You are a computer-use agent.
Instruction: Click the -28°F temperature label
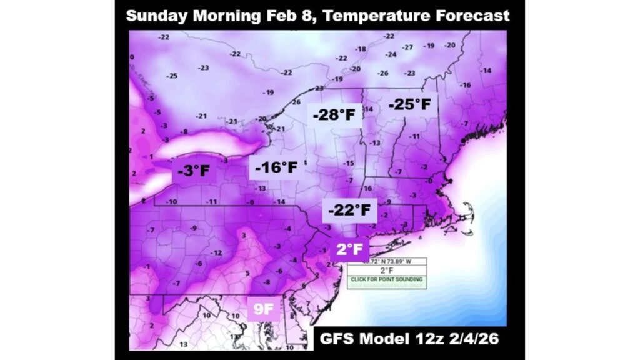[334, 115]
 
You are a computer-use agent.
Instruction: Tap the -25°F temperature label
[410, 104]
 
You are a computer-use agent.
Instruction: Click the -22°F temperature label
[349, 209]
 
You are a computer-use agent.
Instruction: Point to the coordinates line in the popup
[386, 261]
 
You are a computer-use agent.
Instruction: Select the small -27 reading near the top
[408, 47]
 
